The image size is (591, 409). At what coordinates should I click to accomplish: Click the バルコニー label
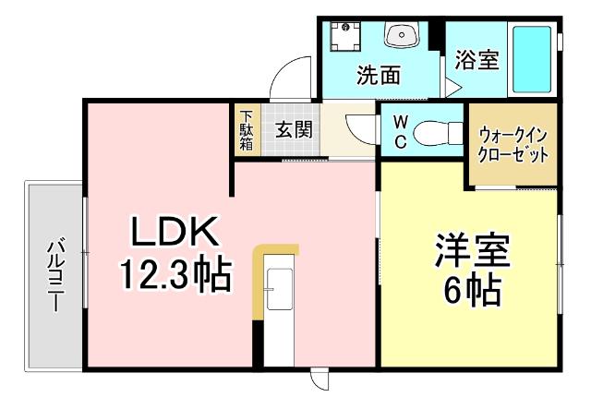pyautogui.click(x=54, y=275)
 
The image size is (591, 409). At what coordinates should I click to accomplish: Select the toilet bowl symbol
pyautogui.click(x=434, y=135)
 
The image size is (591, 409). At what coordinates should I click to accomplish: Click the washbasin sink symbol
pyautogui.click(x=403, y=37)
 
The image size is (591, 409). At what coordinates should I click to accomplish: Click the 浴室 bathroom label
pyautogui.click(x=477, y=61)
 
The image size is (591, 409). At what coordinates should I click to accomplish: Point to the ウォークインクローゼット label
pyautogui.click(x=513, y=144)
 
